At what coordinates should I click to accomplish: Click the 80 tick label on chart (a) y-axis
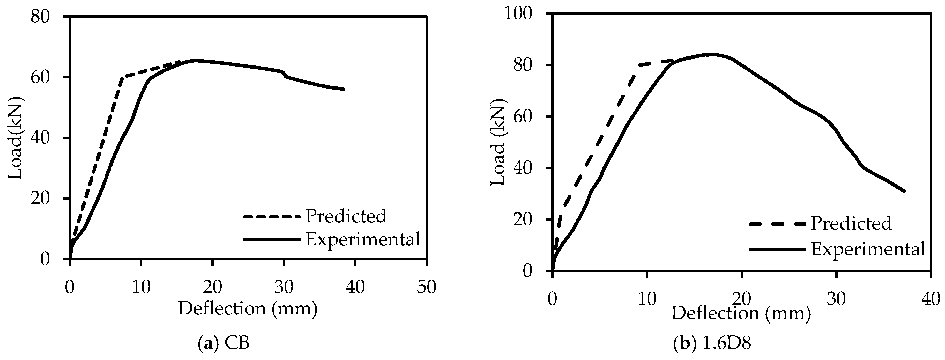pyautogui.click(x=40, y=17)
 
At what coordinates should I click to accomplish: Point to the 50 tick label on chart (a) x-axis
pyautogui.click(x=426, y=287)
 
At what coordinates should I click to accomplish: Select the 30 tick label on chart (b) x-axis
pyautogui.click(x=836, y=299)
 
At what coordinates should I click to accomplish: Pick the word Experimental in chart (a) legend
pyautogui.click(x=363, y=240)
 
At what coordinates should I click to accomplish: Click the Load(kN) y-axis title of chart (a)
pyautogui.click(x=16, y=138)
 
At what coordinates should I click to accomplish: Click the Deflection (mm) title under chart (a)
pyautogui.click(x=248, y=308)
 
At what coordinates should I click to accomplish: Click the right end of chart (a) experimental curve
pyautogui.click(x=344, y=89)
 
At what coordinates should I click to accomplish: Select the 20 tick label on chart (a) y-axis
pyautogui.click(x=40, y=198)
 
